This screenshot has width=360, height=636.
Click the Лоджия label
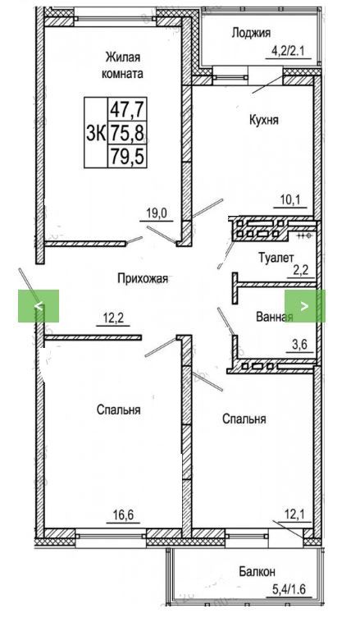[251, 34]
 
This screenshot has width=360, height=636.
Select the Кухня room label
[263, 121]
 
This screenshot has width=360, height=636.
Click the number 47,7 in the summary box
[127, 109]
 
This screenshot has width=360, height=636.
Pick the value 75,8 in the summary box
[127, 133]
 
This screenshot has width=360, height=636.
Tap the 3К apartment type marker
[96, 133]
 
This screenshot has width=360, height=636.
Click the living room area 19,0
[157, 213]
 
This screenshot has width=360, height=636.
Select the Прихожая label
[143, 279]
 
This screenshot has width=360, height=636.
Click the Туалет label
[276, 257]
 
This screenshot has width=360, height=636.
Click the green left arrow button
[39, 306]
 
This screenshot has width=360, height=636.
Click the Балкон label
[257, 571]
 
